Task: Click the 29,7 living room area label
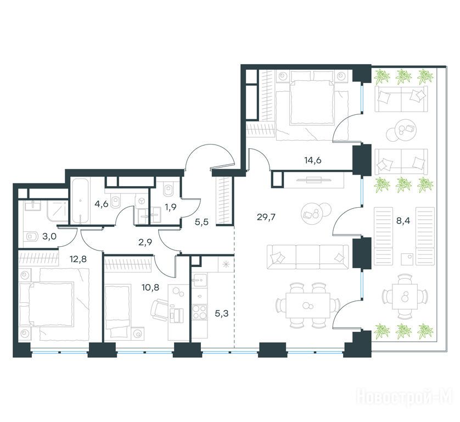[267, 218]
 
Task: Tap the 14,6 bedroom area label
[312, 160]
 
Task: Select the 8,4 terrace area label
[403, 221]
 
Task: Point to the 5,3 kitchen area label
[222, 314]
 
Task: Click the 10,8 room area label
[150, 287]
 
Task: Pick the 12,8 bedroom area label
[78, 259]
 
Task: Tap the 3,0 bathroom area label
[49, 237]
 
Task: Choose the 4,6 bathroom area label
[102, 204]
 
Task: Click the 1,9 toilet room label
[171, 207]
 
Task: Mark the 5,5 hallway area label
[201, 222]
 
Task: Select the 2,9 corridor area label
[145, 242]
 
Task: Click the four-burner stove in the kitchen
[199, 313]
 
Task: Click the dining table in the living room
[308, 306]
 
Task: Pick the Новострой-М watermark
[405, 398]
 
